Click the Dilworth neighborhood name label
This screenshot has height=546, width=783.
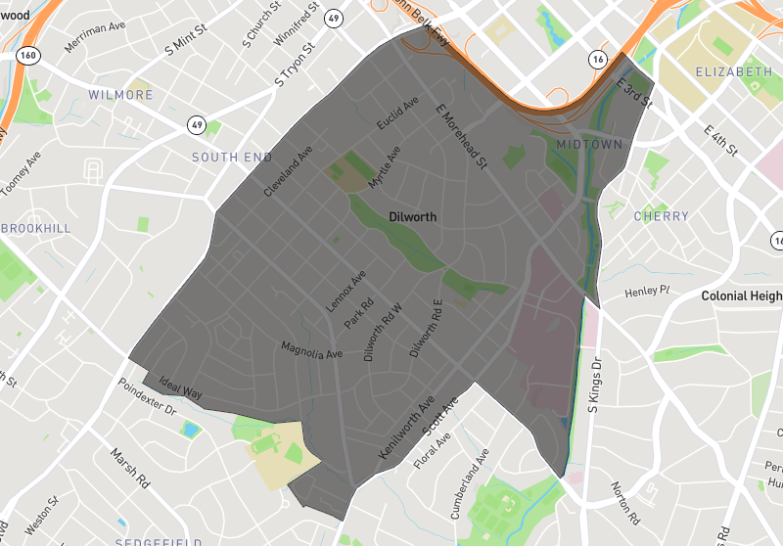(x=412, y=217)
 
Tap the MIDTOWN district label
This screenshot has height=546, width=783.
(x=589, y=145)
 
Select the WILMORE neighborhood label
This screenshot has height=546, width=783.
(x=120, y=95)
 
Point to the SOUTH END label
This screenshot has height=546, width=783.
(x=232, y=157)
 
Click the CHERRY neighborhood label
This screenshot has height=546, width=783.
(x=662, y=216)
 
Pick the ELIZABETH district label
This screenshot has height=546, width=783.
(x=734, y=72)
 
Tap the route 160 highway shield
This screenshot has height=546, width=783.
(x=27, y=55)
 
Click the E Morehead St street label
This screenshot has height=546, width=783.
(x=461, y=136)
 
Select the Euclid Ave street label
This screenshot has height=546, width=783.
(x=397, y=114)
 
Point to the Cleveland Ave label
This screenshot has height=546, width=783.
(x=288, y=172)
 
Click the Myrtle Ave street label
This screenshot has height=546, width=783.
(x=385, y=168)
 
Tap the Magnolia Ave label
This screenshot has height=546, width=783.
(x=311, y=349)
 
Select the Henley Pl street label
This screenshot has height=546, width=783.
(x=647, y=291)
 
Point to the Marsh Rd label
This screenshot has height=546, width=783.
(x=129, y=470)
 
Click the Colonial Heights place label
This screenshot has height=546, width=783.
(x=742, y=296)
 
